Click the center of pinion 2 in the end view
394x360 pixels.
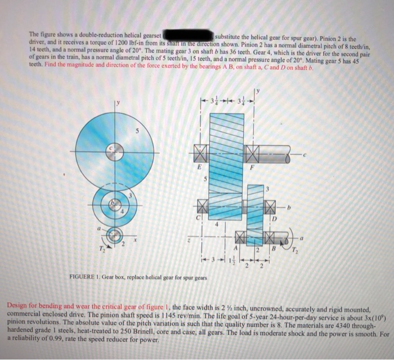click(x=114, y=233)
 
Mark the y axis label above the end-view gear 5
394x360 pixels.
click(x=118, y=103)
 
